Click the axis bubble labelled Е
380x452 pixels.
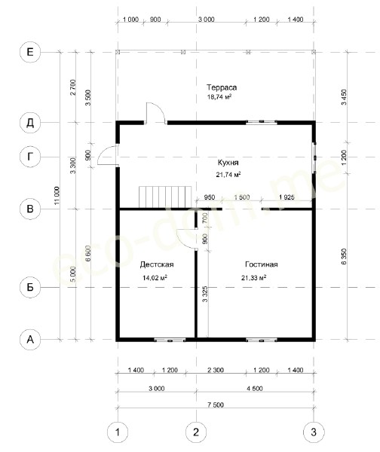[30, 52]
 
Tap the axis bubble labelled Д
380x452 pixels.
[30, 123]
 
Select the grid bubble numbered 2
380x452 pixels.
[196, 432]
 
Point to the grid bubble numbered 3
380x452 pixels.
[314, 432]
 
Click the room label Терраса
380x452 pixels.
[222, 87]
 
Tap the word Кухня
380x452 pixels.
[228, 163]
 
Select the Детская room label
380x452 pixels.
[157, 264]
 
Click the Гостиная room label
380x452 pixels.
[262, 264]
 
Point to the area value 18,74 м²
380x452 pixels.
[219, 97]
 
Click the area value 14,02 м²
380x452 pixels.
[155, 277]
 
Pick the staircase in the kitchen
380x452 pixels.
[165, 197]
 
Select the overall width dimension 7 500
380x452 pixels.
[216, 405]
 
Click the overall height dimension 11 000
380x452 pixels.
[57, 196]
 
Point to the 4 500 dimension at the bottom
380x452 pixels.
[255, 389]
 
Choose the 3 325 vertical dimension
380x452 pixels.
[205, 294]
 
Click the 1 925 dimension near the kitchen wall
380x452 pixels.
[287, 197]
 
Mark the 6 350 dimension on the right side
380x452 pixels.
[344, 256]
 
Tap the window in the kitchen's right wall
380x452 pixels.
[314, 157]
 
